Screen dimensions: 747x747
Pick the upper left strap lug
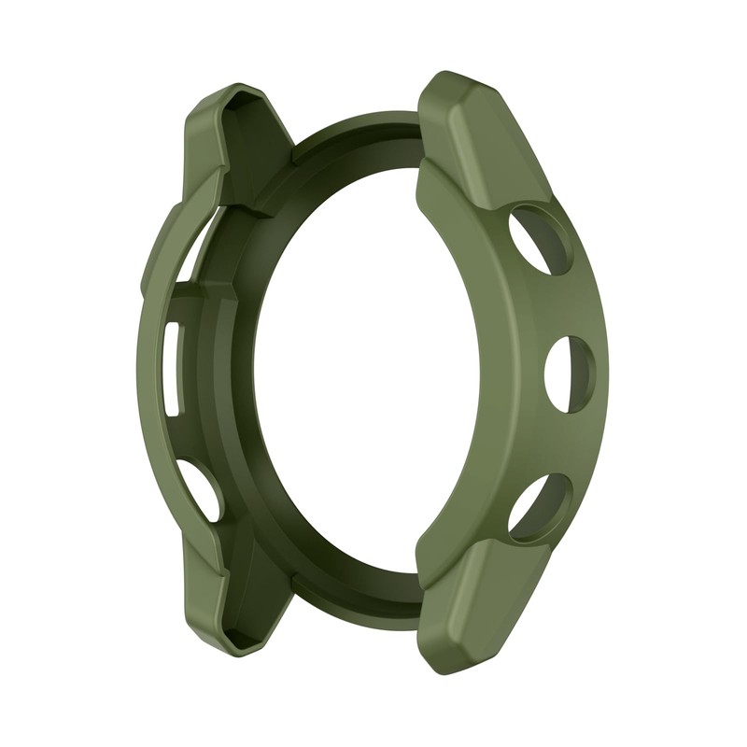coord(228,140)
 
